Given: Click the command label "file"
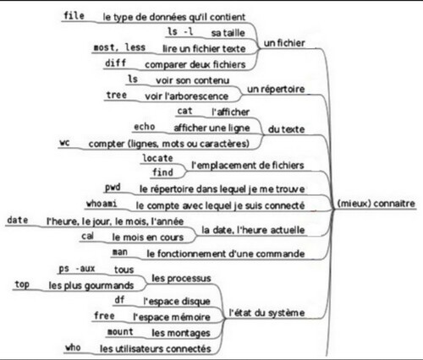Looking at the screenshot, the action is coord(74,15).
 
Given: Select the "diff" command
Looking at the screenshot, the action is coord(115,63).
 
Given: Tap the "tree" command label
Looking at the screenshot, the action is coord(117,95).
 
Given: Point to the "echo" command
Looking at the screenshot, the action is coord(145,127).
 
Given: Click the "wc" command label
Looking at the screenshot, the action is coord(64,143).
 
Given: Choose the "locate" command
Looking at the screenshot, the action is coord(157,158).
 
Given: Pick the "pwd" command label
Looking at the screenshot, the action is coord(113,188).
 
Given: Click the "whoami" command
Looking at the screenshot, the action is coord(102,204).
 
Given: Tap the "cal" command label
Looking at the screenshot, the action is coord(87,236).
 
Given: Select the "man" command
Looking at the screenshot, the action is coord(120,252).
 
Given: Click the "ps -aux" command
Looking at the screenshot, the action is coord(77,269).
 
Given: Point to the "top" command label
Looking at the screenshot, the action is coord(22,285).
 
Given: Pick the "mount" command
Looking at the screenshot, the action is coord(120,332).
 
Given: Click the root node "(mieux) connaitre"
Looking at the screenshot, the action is coord(376,204).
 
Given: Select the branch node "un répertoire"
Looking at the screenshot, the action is coord(276,89).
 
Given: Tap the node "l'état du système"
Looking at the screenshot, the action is coord(266,313).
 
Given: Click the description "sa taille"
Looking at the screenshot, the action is coord(228,33).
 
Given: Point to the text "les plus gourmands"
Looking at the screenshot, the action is coord(91,286).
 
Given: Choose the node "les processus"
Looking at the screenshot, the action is coord(181,278).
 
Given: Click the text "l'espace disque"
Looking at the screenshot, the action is coord(177,302).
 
